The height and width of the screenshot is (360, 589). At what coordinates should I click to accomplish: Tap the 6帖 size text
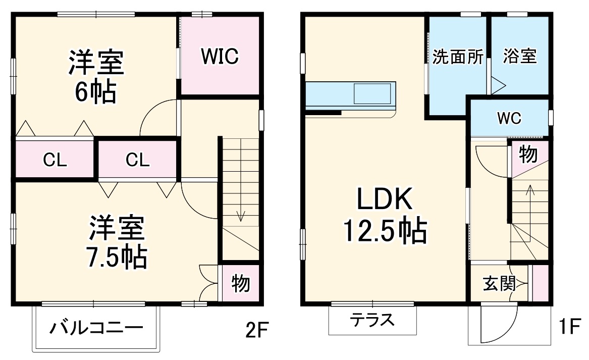click(96, 92)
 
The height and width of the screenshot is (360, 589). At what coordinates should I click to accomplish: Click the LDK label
click(385, 200)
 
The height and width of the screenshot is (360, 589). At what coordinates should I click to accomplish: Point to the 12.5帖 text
click(385, 231)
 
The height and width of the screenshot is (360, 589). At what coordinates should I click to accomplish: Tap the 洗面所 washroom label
click(458, 57)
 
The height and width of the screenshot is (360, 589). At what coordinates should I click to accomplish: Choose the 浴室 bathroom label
click(520, 56)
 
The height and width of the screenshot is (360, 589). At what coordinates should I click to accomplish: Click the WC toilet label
click(509, 119)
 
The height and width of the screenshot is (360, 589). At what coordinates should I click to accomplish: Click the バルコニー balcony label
click(96, 329)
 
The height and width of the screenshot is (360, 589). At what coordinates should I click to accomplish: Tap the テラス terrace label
click(372, 320)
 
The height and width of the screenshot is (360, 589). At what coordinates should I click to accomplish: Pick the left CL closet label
click(55, 160)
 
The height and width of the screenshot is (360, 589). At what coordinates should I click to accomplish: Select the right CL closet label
click(137, 160)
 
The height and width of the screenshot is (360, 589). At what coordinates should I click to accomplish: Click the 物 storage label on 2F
click(241, 284)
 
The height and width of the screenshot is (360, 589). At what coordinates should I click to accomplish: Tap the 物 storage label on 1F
click(528, 155)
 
